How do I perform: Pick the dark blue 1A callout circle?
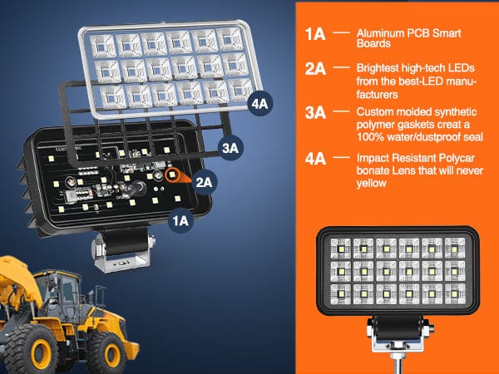[x=180, y=219]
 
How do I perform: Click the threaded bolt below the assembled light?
[x=396, y=357]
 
